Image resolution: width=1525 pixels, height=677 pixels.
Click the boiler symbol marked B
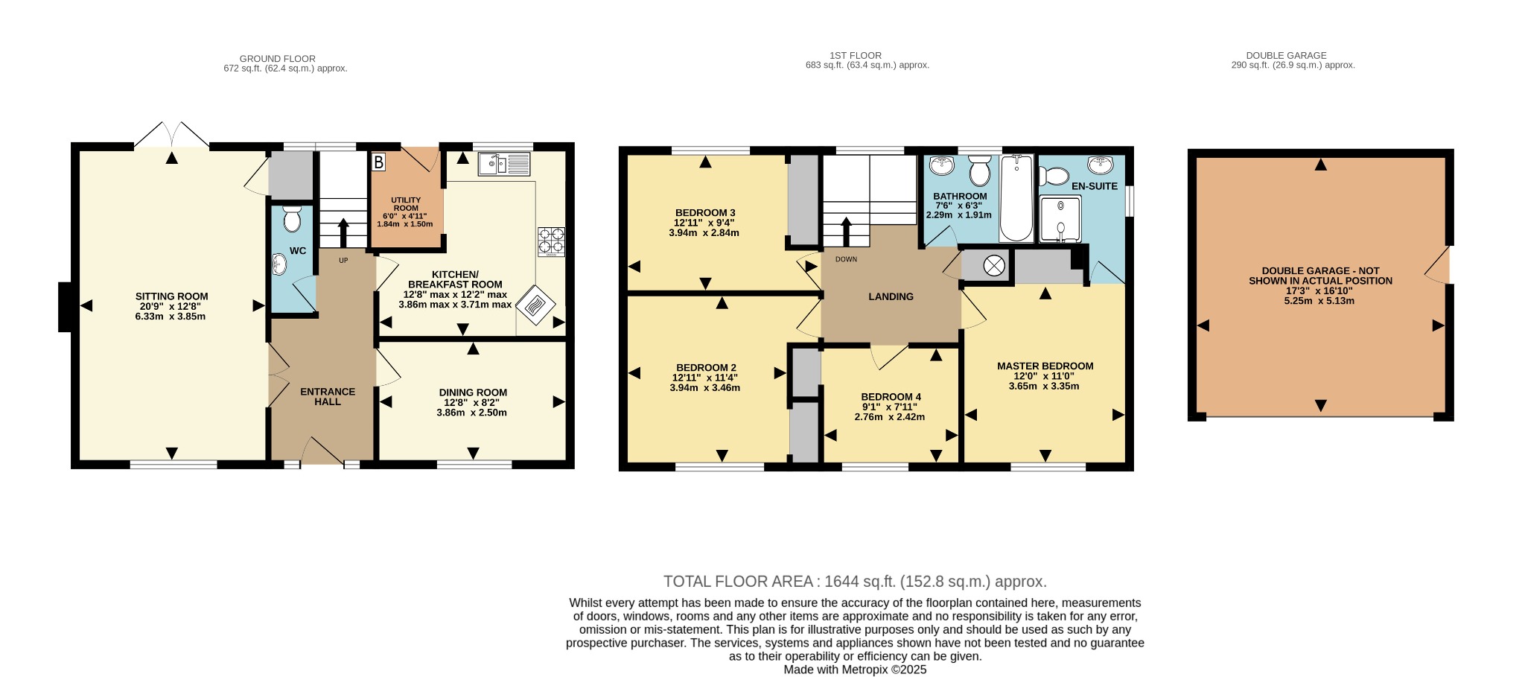tap(378, 162)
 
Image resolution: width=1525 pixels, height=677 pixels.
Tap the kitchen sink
tap(504, 164)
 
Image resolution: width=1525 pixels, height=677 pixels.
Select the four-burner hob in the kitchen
tap(551, 242)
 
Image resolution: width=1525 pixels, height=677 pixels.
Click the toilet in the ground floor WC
tap(291, 219)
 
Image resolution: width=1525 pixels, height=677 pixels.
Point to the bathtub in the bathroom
tap(1016, 198)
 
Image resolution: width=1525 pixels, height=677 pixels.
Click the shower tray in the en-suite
tap(1060, 219)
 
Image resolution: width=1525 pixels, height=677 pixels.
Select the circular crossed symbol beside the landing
tap(994, 265)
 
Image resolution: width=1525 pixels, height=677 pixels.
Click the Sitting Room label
tap(171, 296)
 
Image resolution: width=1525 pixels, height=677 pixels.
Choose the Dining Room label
tap(473, 392)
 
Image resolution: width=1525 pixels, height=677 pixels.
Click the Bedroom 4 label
tap(891, 397)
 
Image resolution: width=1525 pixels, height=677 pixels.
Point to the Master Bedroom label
tap(1045, 366)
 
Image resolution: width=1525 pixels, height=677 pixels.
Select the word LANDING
tap(891, 296)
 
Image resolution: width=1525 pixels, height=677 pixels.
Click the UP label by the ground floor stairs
tap(343, 261)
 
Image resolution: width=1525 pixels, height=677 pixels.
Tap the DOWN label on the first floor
tap(846, 259)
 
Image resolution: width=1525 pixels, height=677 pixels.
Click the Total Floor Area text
tap(855, 582)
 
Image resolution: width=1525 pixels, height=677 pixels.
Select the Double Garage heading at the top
tap(1286, 55)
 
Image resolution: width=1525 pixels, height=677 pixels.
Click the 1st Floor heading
tap(856, 55)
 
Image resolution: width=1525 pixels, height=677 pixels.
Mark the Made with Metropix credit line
tap(855, 670)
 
